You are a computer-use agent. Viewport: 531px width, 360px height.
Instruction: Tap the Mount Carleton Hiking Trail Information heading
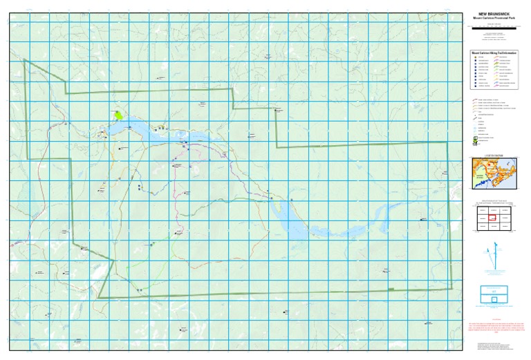(x=492, y=50)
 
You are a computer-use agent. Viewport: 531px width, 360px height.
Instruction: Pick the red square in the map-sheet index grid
(x=492, y=218)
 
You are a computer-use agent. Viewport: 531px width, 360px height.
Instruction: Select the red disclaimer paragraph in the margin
(x=492, y=327)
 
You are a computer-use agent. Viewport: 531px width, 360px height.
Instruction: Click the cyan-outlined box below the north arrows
(x=492, y=295)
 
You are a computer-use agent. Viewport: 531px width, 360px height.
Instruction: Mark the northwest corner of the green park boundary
(x=25, y=60)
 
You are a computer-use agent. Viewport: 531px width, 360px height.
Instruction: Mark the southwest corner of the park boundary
(x=99, y=297)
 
